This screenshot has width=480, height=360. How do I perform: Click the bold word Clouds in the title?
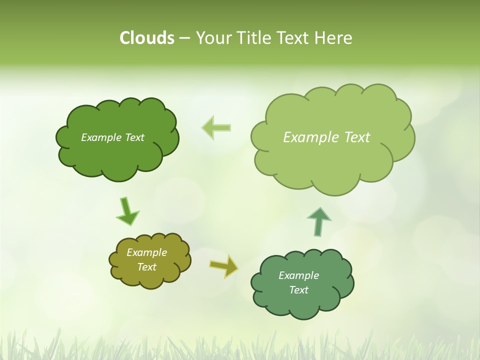(147, 38)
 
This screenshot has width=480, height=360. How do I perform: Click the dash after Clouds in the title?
(184, 38)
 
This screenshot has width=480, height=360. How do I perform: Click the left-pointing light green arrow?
(216, 127)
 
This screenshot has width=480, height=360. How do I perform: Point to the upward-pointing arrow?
(318, 221)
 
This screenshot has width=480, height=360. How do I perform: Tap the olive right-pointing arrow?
(224, 265)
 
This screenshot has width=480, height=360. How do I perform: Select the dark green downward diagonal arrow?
(127, 212)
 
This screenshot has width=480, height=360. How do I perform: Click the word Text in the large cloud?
(357, 137)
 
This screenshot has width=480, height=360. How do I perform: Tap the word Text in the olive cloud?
(147, 267)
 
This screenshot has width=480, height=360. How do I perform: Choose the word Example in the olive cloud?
(147, 252)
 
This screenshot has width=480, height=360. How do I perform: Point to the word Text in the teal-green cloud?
(299, 290)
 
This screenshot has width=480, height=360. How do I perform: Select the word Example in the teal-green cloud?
(299, 275)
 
